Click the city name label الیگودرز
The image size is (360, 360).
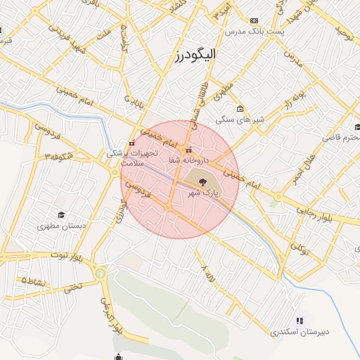(x=195, y=54)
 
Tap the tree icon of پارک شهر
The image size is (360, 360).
(x=201, y=181)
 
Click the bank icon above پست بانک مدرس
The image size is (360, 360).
(x=254, y=20)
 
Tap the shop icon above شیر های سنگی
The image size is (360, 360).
(x=240, y=108)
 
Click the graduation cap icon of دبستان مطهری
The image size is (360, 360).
(x=61, y=214)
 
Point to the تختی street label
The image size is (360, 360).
(x=73, y=287)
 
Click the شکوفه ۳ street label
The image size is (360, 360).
(x=59, y=156)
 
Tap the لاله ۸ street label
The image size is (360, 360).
(x=205, y=270)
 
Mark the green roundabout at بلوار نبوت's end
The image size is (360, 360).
(x=101, y=273)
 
